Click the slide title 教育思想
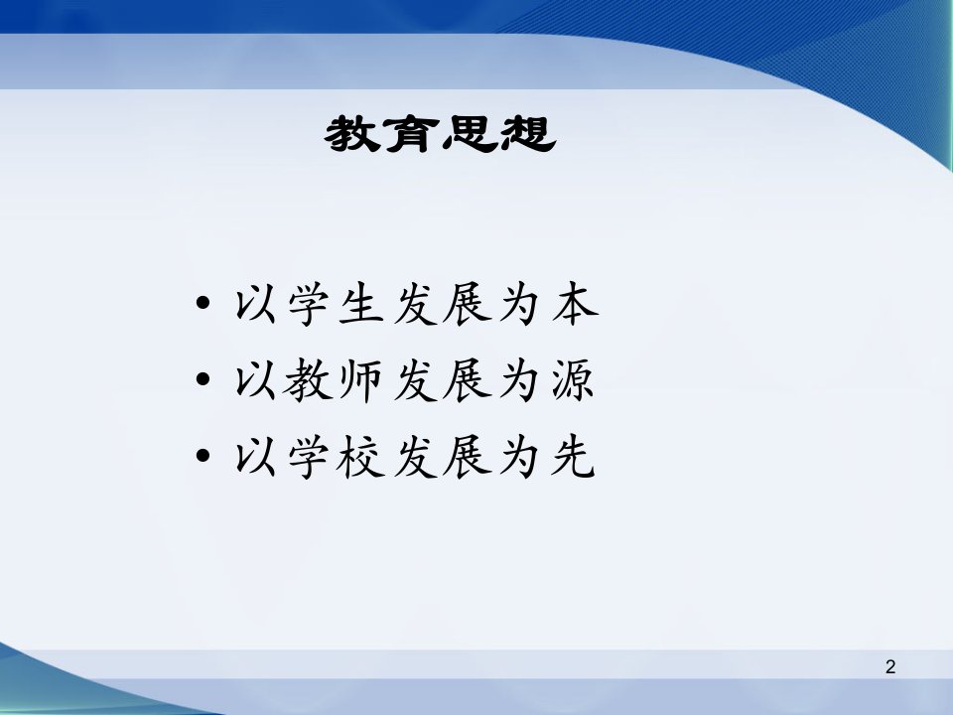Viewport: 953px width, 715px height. coord(440,134)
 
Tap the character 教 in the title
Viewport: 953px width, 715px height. coord(352,134)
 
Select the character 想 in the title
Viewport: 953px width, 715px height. coord(526,134)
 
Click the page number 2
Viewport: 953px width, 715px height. coord(890,667)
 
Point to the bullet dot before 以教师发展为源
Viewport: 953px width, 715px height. coord(203,378)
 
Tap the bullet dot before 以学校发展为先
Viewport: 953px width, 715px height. coord(203,455)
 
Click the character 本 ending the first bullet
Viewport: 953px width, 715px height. coord(575,304)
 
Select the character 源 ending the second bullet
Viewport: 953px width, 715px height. coord(573,380)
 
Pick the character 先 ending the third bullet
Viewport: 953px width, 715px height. coord(573,456)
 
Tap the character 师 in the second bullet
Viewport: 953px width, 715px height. coord(360,380)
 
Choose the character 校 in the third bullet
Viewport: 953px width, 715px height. coord(360,457)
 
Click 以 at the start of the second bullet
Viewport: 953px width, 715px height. coord(256,381)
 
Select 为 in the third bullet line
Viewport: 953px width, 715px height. coord(519,457)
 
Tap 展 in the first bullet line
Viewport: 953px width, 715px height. coord(467,304)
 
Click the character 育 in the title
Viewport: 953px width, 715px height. coord(412,134)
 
